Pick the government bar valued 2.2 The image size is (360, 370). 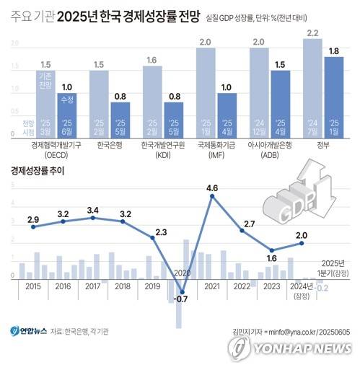tap(312, 87)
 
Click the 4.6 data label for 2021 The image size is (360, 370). tap(212, 189)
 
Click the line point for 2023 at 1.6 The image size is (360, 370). tap(272, 250)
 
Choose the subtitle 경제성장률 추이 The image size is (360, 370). tap(40, 171)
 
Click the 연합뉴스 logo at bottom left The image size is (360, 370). tap(30, 331)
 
